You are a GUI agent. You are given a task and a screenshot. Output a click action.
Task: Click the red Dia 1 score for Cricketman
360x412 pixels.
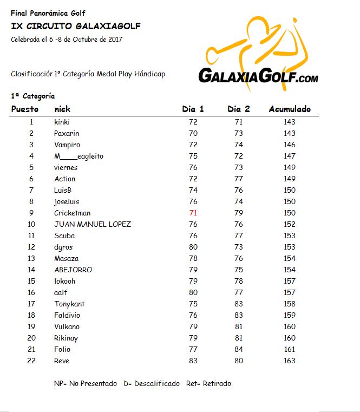point(193,213)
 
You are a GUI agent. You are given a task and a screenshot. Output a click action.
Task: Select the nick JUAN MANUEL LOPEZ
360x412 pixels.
point(93,224)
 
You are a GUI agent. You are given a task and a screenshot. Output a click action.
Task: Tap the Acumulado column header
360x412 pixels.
point(290,109)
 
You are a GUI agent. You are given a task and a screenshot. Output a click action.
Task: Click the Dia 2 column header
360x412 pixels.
point(239,109)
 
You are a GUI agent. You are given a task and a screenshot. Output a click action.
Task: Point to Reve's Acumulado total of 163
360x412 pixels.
point(290,361)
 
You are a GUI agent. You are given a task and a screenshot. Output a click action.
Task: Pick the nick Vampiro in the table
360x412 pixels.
point(67,145)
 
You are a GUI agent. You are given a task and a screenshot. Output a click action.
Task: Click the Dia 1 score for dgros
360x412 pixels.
point(193,247)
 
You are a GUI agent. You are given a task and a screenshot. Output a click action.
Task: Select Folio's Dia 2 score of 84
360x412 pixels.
point(239,349)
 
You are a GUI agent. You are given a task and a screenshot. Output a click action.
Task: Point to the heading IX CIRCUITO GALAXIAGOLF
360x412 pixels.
point(75,27)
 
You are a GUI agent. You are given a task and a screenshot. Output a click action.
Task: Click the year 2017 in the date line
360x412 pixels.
point(115,40)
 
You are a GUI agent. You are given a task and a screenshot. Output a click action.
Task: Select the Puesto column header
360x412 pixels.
point(25,109)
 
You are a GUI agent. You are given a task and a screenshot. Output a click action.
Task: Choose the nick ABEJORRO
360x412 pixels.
point(73,270)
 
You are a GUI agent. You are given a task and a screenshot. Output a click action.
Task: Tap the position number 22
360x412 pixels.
point(31,361)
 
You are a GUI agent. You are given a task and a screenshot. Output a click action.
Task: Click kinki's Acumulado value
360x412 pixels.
point(290,122)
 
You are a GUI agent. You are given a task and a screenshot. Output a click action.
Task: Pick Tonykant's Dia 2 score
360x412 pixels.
point(239,304)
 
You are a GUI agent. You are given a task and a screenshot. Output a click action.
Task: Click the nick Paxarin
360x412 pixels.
point(67,133)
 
